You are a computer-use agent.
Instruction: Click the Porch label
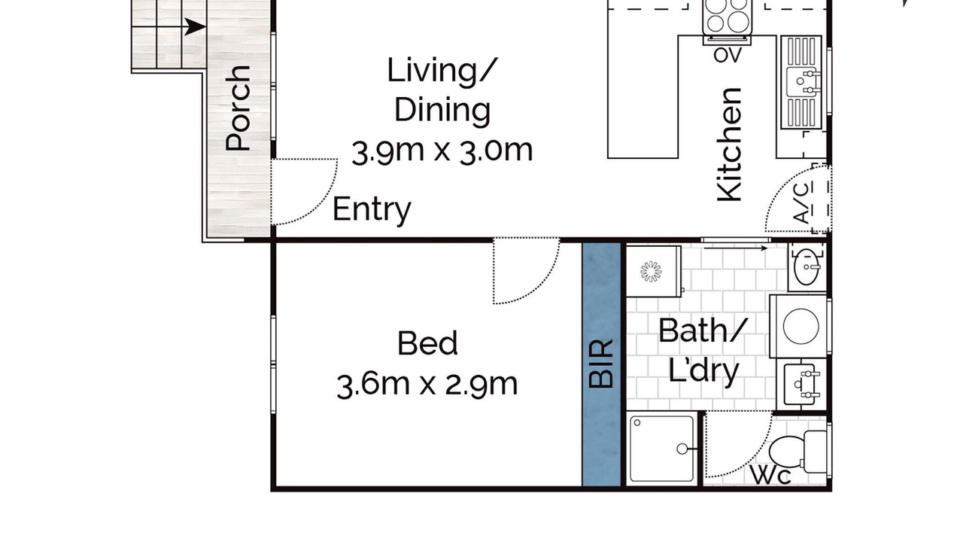[x=238, y=108]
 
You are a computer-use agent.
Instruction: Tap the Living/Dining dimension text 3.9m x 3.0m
[x=442, y=151]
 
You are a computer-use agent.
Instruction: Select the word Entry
[x=372, y=210]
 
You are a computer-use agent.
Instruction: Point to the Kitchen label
[x=730, y=145]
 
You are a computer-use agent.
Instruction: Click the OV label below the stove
[x=728, y=55]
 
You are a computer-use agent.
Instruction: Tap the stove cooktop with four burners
[x=728, y=17]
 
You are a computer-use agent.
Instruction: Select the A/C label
[x=803, y=202]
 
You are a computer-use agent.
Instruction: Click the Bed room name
[x=427, y=343]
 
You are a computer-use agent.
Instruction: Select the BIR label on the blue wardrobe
[x=600, y=364]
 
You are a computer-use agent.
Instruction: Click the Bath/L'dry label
[x=703, y=350]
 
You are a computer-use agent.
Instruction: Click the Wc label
[x=771, y=477]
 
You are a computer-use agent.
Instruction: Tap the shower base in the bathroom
[x=661, y=448]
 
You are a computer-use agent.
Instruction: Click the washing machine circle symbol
[x=800, y=326]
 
